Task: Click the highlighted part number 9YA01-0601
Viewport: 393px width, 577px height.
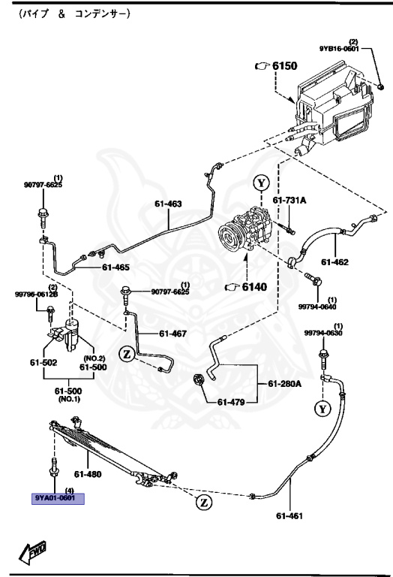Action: pos(58,497)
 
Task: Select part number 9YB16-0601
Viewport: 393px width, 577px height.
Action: pos(340,49)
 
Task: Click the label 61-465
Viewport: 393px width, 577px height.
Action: pos(116,267)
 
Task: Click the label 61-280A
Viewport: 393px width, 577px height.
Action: pos(285,384)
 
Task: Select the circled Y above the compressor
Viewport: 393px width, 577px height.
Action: pos(259,183)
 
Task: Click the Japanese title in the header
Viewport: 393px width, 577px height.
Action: pos(67,14)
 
